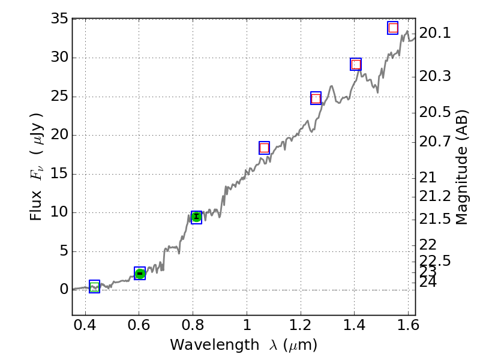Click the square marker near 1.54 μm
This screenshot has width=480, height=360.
[x=393, y=28]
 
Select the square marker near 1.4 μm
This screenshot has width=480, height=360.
[x=356, y=64]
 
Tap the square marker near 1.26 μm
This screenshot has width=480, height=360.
[x=316, y=98]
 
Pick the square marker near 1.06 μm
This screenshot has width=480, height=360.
[x=264, y=148]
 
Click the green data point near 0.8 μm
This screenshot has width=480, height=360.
[x=196, y=217]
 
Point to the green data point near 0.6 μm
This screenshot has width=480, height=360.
[x=140, y=274]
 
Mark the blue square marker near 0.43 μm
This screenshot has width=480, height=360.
[x=94, y=286]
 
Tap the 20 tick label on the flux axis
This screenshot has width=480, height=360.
[x=59, y=135]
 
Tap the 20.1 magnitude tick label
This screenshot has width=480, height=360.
[x=435, y=33]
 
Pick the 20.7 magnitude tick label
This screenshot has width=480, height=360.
[x=435, y=142]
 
